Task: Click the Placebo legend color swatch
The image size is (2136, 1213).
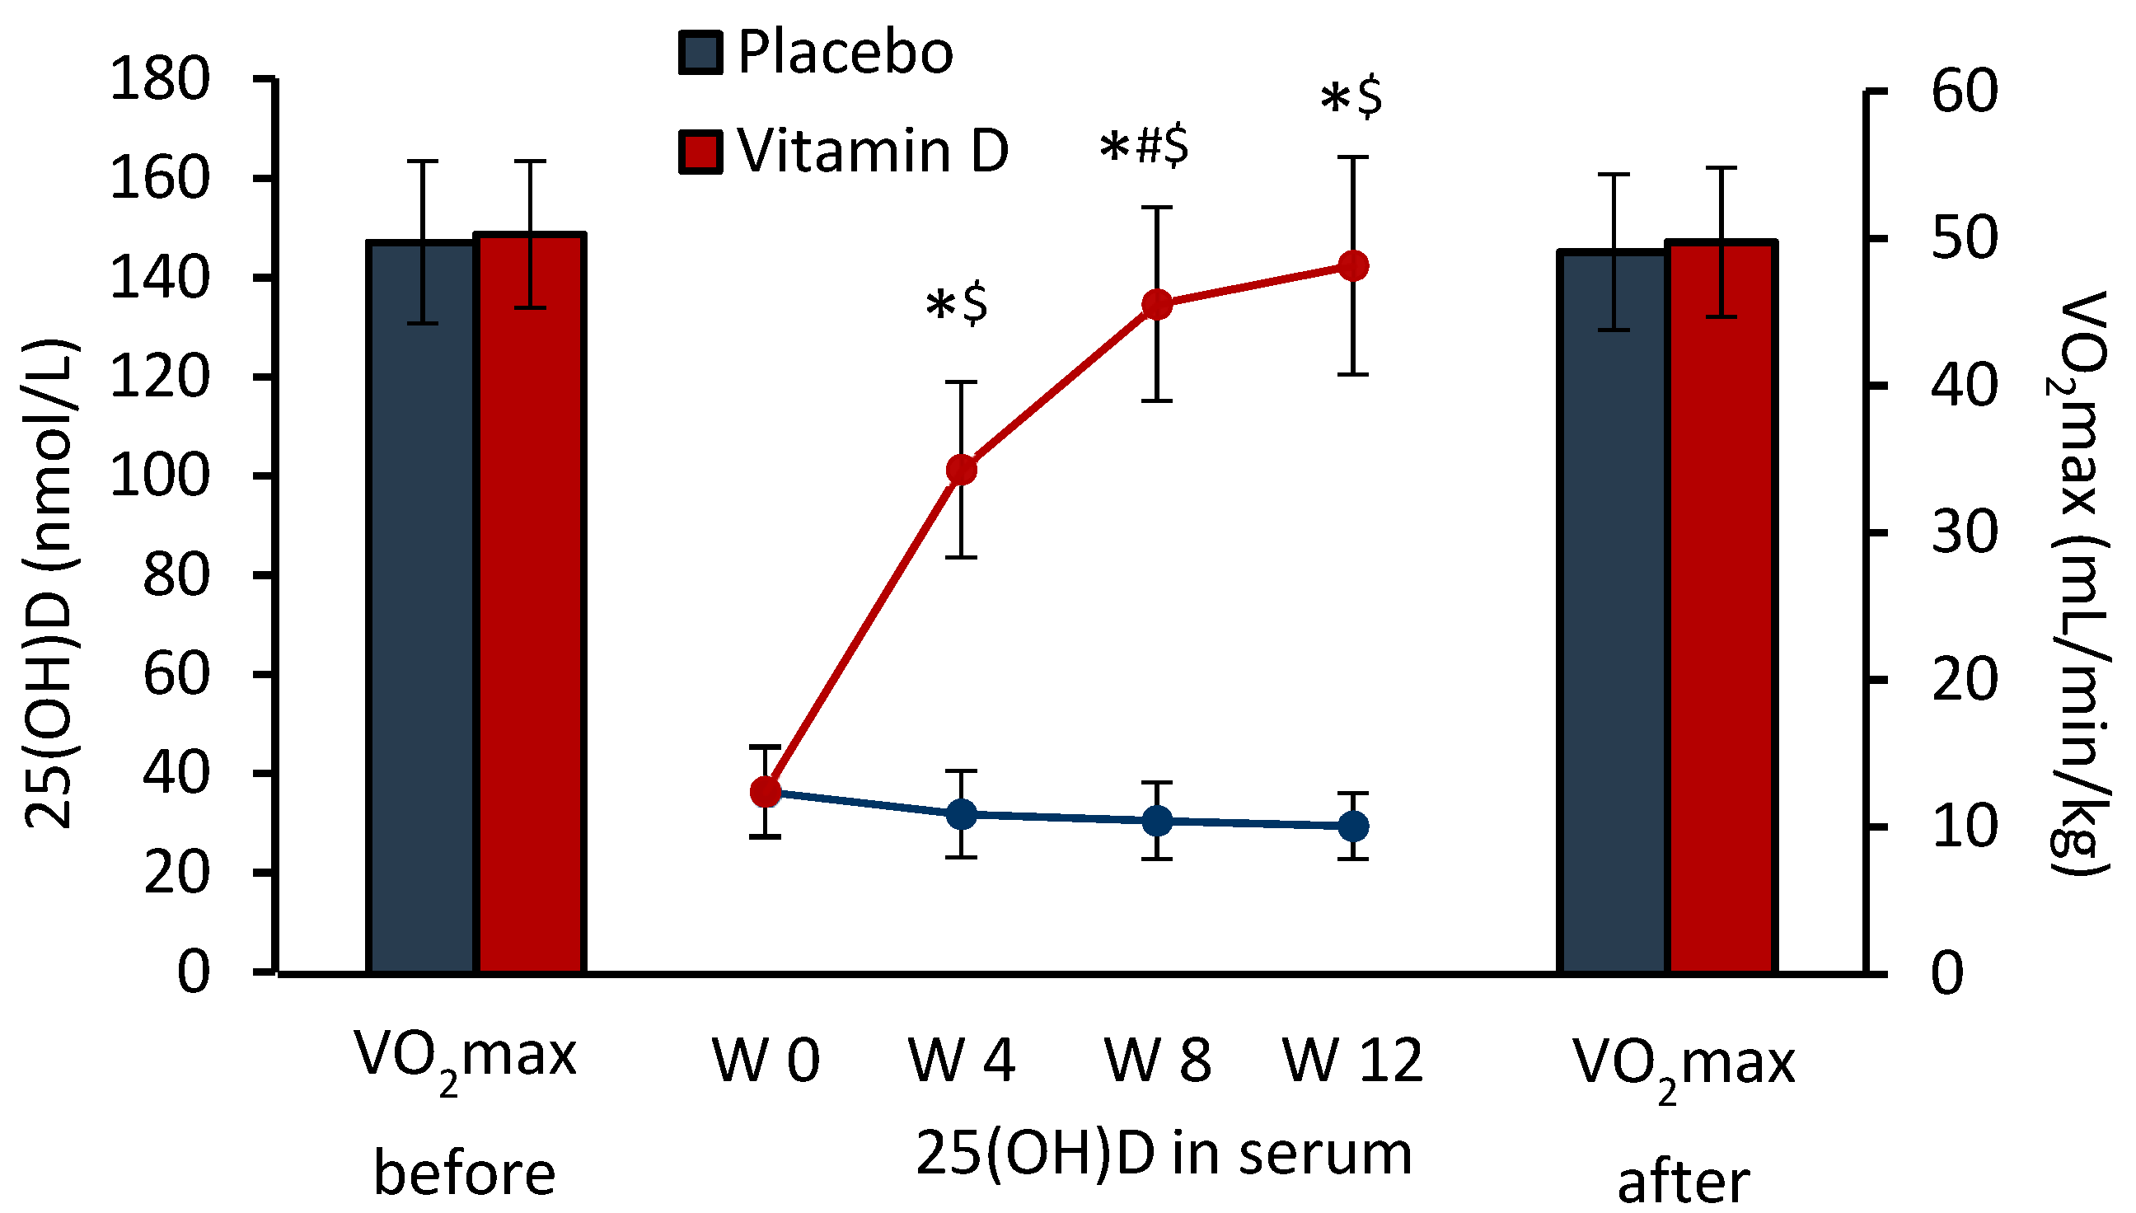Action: click(x=700, y=54)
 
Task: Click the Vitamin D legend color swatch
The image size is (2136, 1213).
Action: click(x=700, y=151)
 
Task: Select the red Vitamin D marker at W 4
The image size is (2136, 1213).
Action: click(x=962, y=471)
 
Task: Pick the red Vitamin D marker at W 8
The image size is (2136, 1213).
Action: click(x=1157, y=305)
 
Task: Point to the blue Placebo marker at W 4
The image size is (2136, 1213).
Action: click(x=962, y=815)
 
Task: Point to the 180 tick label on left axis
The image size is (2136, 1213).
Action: click(x=160, y=81)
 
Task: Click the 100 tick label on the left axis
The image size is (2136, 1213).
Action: click(x=160, y=477)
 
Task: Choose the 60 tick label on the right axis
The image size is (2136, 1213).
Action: click(x=1965, y=91)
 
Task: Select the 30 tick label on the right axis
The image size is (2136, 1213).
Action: click(x=1965, y=532)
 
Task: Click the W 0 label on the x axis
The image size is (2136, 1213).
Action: click(x=766, y=1061)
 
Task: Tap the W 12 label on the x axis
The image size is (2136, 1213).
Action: click(x=1353, y=1061)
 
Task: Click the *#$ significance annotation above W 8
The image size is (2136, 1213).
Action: click(x=1145, y=148)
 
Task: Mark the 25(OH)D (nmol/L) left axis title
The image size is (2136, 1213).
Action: click(x=52, y=583)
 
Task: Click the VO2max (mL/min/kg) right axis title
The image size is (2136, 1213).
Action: click(x=2079, y=583)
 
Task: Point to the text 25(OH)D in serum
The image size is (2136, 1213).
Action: click(x=1164, y=1154)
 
